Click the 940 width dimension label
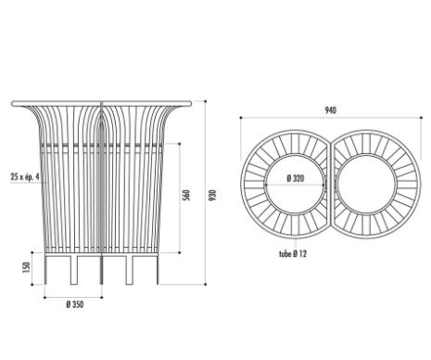tap(330, 110)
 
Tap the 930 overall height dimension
tap(213, 196)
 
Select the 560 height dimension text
tap(186, 196)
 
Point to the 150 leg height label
tap(27, 267)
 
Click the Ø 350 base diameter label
tap(75, 304)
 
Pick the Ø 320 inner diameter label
tap(296, 178)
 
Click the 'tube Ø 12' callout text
tap(293, 254)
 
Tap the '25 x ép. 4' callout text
tap(25, 177)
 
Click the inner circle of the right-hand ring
tap(366, 155)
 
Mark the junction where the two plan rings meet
tap(331, 145)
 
